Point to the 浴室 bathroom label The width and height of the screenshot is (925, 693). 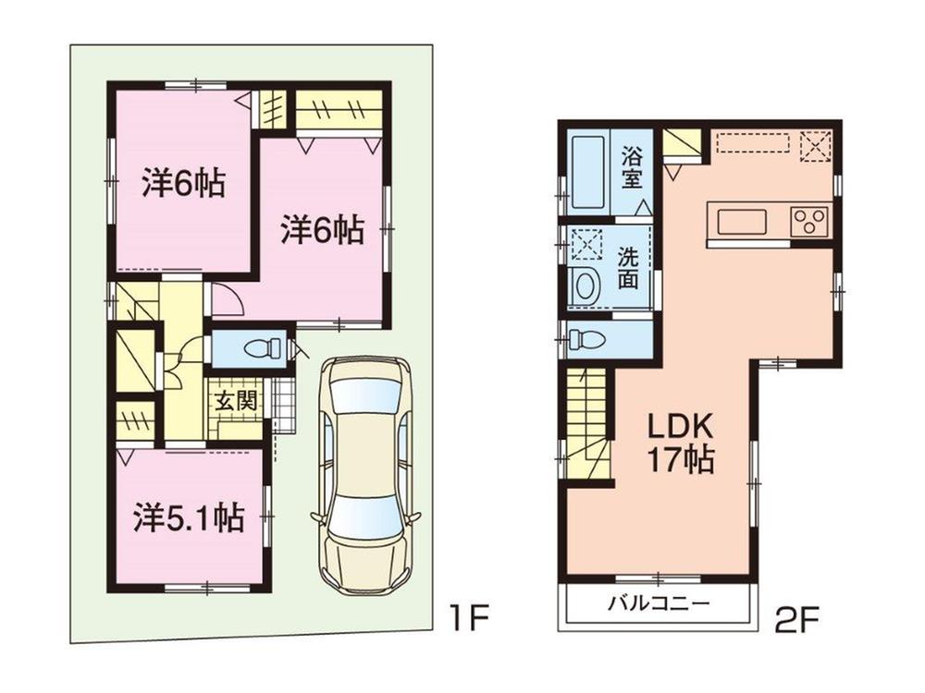tap(632, 167)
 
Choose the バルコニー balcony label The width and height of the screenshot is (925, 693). tap(658, 605)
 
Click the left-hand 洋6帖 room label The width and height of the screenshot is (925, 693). tap(184, 184)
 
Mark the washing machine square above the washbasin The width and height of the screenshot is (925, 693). tap(586, 245)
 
